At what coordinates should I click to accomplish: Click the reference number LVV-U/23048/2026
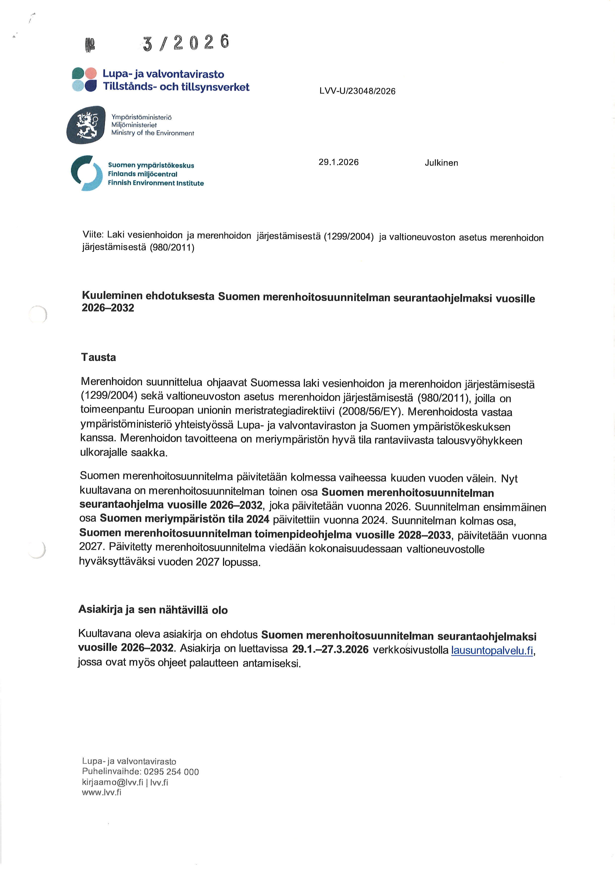pos(357,91)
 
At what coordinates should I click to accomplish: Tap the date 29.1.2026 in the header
pos(338,162)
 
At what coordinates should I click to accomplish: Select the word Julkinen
pos(441,163)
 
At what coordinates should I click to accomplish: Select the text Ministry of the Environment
pos(152,133)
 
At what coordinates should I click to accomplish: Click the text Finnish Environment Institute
pos(156,183)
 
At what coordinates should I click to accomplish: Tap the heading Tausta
pos(98,357)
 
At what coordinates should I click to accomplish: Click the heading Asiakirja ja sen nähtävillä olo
pos(153,610)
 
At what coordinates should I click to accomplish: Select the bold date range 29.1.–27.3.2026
pos(330,649)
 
